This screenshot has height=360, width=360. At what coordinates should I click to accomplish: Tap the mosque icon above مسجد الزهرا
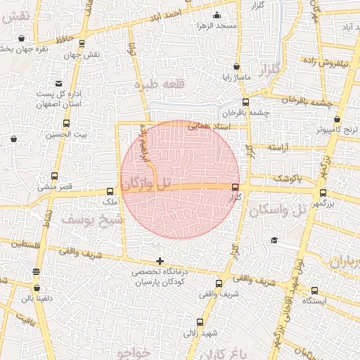click(217, 14)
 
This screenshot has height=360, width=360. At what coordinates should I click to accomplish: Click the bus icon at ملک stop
click(110, 191)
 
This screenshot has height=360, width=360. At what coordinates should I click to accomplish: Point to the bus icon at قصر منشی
click(55, 176)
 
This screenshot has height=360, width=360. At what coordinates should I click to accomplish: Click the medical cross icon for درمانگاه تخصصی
click(161, 261)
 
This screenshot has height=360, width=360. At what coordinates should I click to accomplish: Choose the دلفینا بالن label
click(36, 298)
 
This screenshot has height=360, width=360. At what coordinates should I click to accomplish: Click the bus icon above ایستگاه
click(314, 290)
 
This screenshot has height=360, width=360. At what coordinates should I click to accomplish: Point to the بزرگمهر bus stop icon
click(323, 193)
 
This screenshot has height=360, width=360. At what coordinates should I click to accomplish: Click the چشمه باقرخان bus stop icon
click(266, 91)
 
